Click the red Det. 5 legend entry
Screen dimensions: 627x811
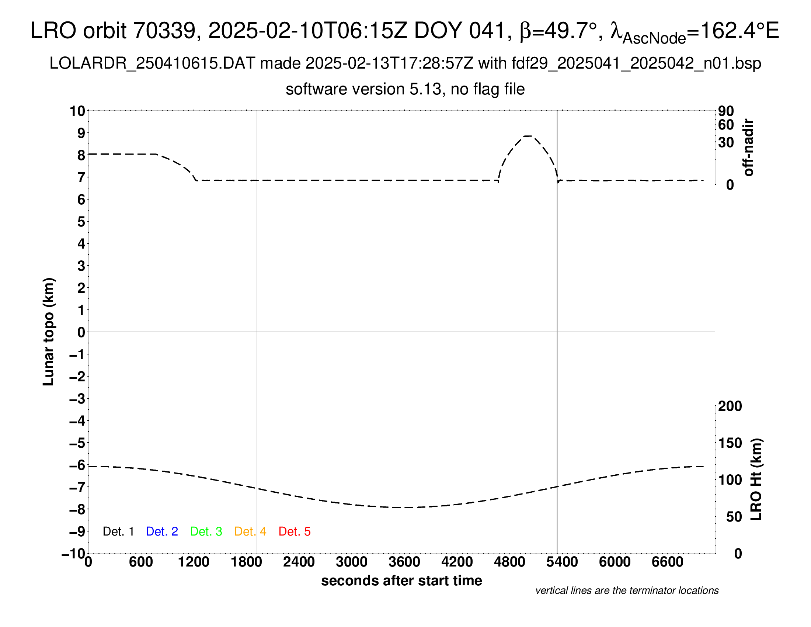pyautogui.click(x=295, y=531)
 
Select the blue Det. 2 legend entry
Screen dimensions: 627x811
pyautogui.click(x=162, y=531)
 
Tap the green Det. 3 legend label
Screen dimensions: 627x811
pyautogui.click(x=206, y=531)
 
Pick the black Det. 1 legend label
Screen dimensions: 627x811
pyautogui.click(x=118, y=531)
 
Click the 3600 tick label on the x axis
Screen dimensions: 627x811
pyautogui.click(x=404, y=562)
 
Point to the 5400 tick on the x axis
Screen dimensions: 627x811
pyautogui.click(x=562, y=562)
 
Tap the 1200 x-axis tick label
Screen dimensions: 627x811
pyautogui.click(x=194, y=562)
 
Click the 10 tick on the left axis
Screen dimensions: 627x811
pyautogui.click(x=78, y=111)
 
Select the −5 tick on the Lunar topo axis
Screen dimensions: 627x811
pyautogui.click(x=77, y=443)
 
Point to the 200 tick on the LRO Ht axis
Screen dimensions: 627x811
pyautogui.click(x=730, y=406)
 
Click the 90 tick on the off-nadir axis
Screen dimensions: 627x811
pyautogui.click(x=726, y=111)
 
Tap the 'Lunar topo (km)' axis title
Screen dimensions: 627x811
pyautogui.click(x=49, y=332)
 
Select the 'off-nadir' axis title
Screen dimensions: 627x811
pyautogui.click(x=749, y=148)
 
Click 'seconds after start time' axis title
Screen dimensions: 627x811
pyautogui.click(x=401, y=581)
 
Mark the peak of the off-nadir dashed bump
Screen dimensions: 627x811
pyautogui.click(x=528, y=136)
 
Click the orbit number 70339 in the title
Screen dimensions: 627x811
pyautogui.click(x=164, y=31)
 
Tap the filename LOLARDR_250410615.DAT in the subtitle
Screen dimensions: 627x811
pyautogui.click(x=152, y=63)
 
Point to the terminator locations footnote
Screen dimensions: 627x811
pyautogui.click(x=627, y=590)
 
